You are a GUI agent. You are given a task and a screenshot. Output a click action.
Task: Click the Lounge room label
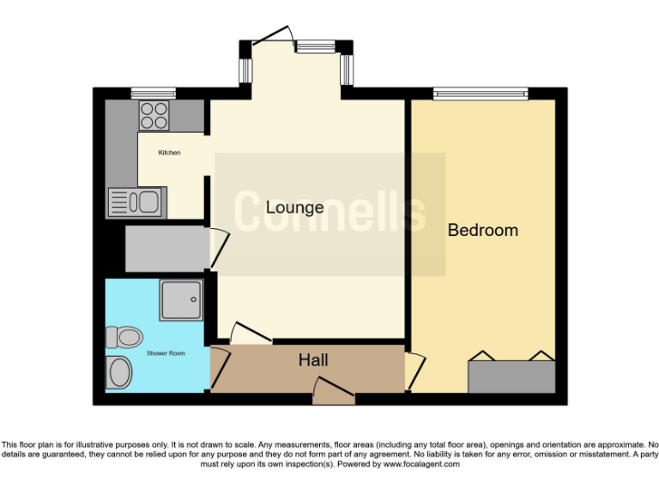click(x=294, y=207)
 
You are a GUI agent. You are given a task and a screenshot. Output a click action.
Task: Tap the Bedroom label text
click(x=483, y=230)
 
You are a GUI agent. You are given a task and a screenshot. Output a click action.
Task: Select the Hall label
click(x=313, y=360)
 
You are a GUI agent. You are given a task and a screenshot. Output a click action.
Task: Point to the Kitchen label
click(x=169, y=153)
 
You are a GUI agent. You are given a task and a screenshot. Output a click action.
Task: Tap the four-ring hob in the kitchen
click(x=154, y=115)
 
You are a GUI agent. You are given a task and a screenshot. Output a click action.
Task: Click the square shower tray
click(x=180, y=300)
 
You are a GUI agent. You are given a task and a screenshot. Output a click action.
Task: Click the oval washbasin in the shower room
click(x=119, y=373)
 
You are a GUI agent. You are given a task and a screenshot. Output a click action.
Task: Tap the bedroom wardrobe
click(x=511, y=376)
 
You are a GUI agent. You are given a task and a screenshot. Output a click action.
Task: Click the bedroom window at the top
click(x=481, y=93)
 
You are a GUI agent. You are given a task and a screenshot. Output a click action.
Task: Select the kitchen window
click(x=153, y=93)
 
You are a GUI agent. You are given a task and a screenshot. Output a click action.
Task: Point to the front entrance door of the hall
click(x=333, y=394)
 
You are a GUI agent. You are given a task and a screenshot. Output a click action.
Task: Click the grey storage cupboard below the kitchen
click(x=167, y=248)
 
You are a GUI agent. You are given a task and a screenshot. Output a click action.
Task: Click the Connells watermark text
click(x=329, y=212)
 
